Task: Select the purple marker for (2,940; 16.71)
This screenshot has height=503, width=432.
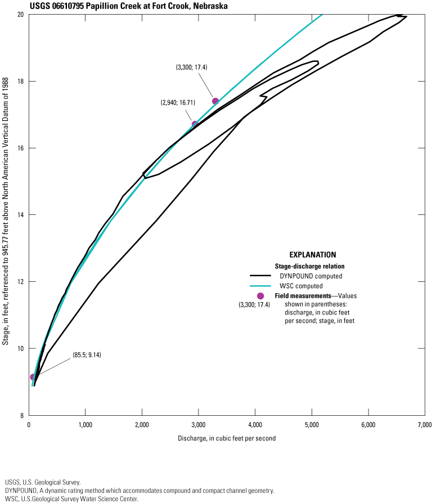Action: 195,124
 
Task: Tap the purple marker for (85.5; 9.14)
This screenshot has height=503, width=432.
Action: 33,377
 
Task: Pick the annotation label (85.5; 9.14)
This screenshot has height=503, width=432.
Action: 87,354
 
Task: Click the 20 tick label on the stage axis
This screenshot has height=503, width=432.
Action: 21,15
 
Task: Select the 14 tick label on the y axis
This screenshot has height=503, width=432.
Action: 21,215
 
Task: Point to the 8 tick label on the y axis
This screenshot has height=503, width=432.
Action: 22,415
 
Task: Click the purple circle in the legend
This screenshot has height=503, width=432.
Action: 260,296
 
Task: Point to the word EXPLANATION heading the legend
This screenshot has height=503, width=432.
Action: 313,255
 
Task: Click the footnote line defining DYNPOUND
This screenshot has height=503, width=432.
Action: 139,491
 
